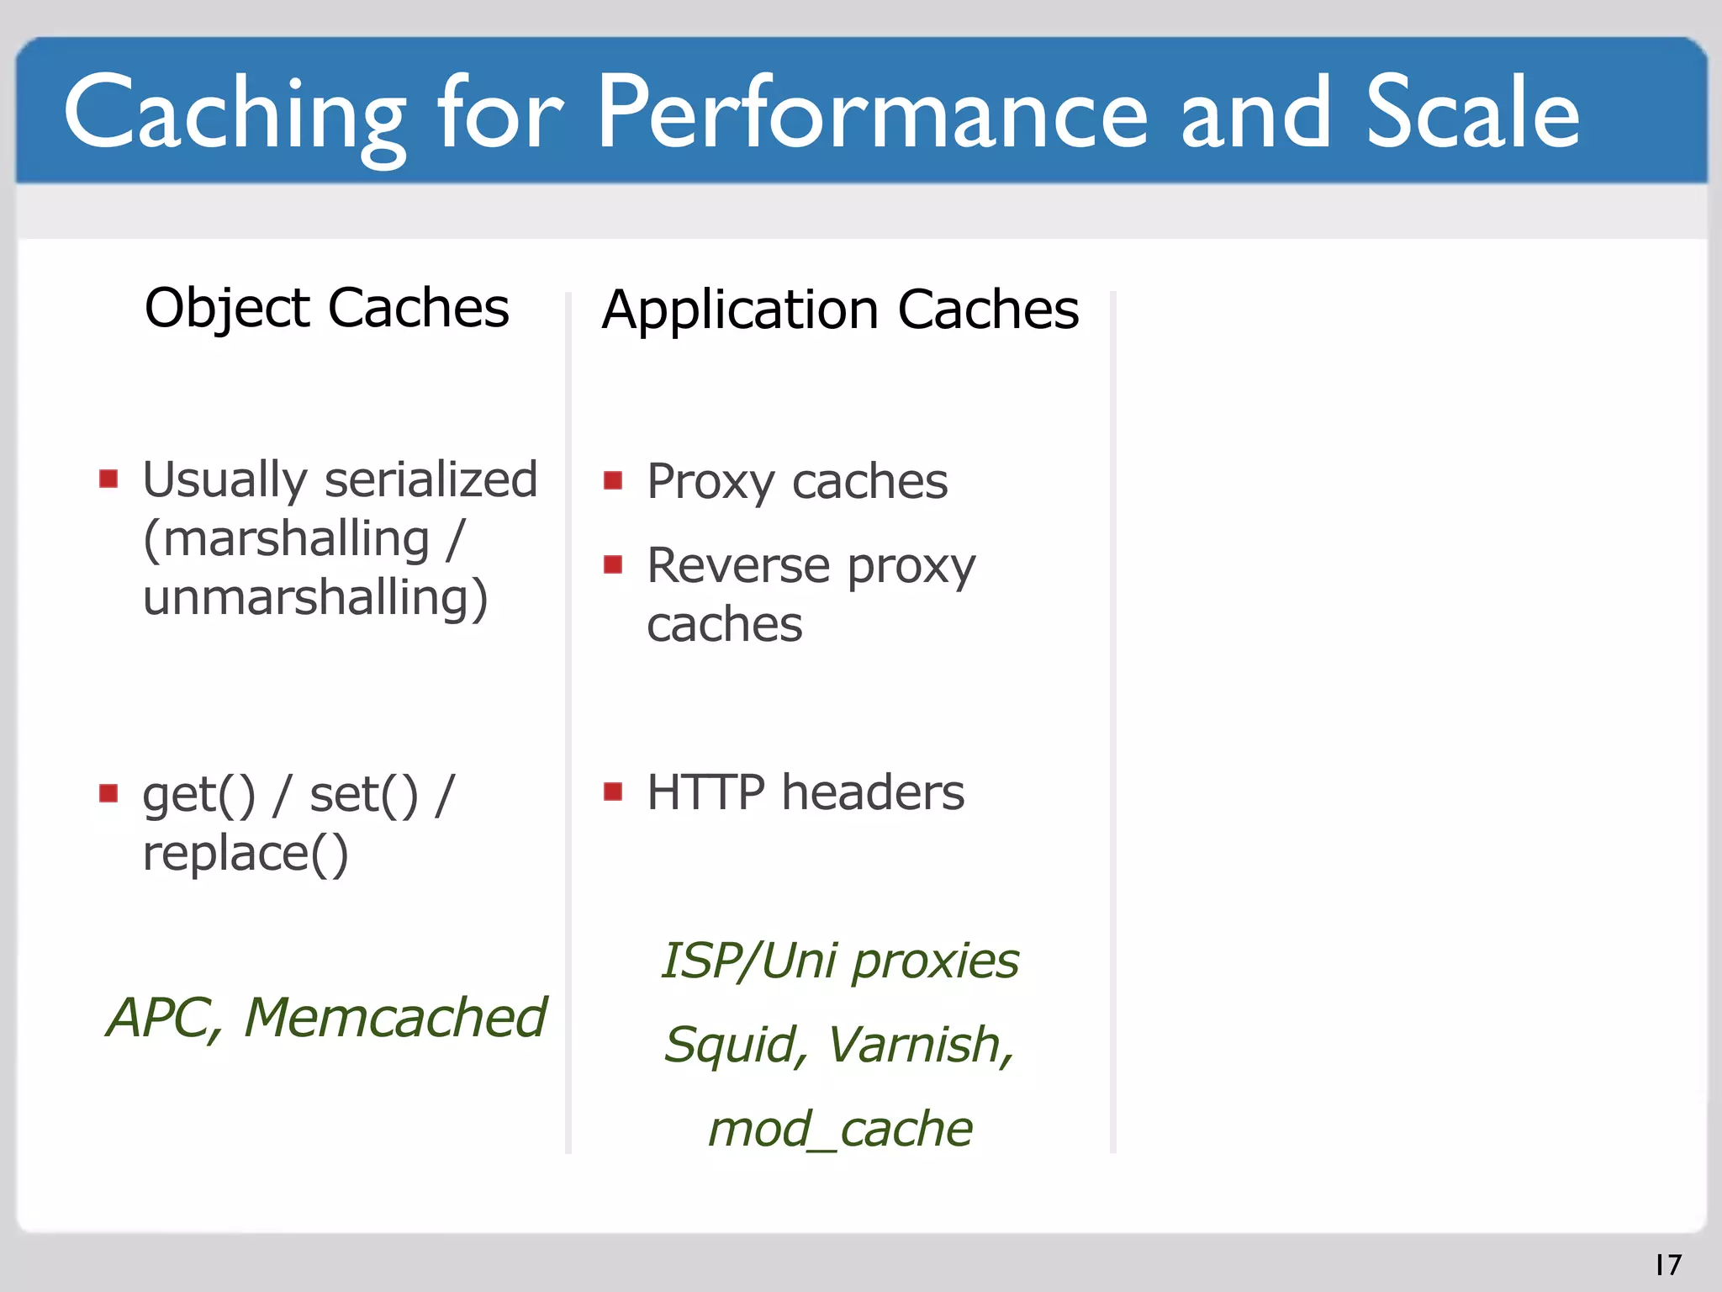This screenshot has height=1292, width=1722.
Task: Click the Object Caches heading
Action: (x=326, y=308)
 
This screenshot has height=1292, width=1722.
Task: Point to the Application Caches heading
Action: (x=840, y=310)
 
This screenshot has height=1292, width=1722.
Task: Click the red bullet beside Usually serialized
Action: (x=108, y=479)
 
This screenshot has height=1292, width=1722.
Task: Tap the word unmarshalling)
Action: (x=315, y=598)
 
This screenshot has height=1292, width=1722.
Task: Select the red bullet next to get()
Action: (x=108, y=793)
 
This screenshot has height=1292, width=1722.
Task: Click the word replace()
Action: (x=245, y=854)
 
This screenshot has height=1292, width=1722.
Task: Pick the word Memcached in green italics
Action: (x=395, y=1018)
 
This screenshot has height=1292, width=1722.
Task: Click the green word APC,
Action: (x=165, y=1018)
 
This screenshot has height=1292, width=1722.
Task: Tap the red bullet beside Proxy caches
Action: (x=613, y=481)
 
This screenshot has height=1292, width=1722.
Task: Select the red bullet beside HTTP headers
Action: (x=613, y=792)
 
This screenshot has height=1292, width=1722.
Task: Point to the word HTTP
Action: (x=705, y=792)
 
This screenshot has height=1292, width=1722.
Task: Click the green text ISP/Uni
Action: (x=749, y=961)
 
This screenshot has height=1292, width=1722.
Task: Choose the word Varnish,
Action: (x=922, y=1045)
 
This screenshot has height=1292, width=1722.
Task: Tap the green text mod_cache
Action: (x=840, y=1129)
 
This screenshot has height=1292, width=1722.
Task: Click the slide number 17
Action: (x=1668, y=1264)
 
